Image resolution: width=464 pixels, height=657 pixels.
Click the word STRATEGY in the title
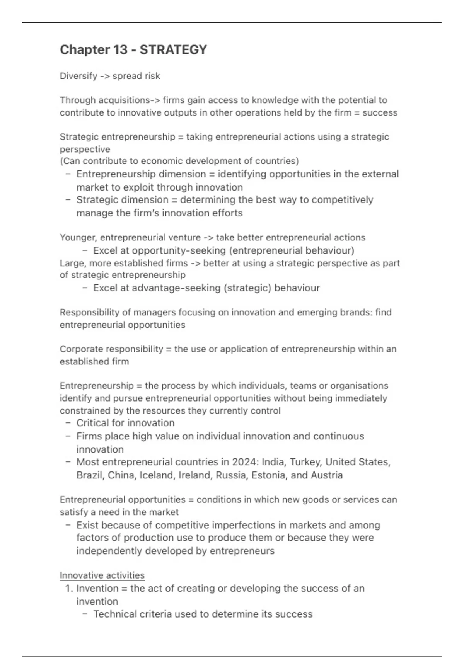pyautogui.click(x=173, y=50)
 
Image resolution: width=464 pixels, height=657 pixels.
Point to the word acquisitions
pyautogui.click(x=124, y=100)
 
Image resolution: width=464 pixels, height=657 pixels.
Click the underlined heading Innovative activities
pyautogui.click(x=102, y=575)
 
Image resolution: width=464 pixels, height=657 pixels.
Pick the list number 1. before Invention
pyautogui.click(x=69, y=589)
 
